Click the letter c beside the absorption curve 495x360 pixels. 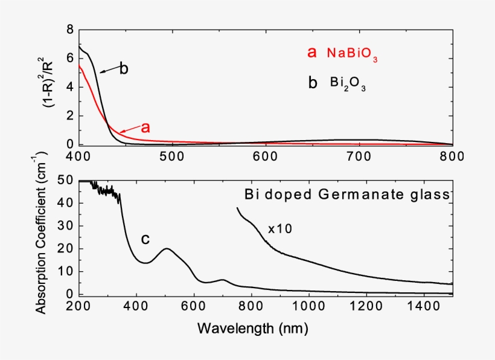[145, 239]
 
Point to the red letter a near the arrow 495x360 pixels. [145, 127]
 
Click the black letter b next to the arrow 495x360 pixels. [123, 68]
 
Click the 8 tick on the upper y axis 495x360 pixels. [70, 29]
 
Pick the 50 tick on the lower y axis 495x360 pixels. [66, 180]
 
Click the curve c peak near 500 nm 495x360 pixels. [167, 248]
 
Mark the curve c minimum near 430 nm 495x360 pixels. [145, 263]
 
